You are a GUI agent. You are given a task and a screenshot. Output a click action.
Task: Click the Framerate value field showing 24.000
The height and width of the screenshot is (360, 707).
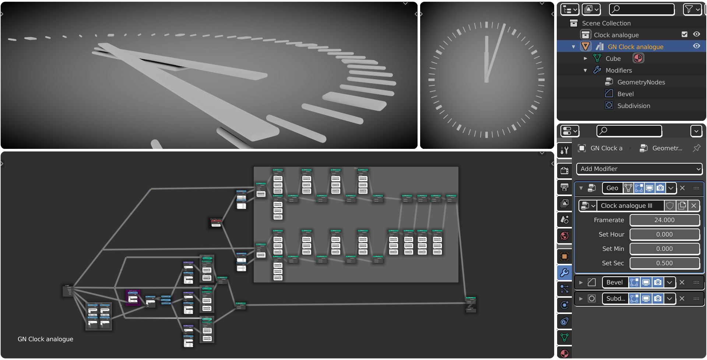[x=664, y=220]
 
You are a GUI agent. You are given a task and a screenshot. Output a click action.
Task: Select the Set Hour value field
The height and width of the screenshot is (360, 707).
[x=664, y=234]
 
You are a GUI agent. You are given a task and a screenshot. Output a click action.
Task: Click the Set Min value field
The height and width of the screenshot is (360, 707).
[x=664, y=249]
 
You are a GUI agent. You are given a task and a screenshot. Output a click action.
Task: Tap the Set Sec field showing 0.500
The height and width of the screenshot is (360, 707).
[x=664, y=263]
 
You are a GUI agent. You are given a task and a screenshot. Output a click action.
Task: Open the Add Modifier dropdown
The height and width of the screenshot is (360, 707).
[x=639, y=169]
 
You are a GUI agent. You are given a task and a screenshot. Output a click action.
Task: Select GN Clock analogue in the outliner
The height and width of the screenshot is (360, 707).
[x=635, y=47]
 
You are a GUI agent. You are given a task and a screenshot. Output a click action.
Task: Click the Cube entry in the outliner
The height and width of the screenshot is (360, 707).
[x=613, y=59]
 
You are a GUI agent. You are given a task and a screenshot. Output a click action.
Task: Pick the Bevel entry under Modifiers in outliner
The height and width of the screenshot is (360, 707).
[x=625, y=94]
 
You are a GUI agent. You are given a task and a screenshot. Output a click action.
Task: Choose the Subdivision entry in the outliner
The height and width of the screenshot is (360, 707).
[x=633, y=106]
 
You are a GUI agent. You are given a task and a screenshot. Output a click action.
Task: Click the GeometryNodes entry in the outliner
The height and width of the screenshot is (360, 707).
[x=641, y=82]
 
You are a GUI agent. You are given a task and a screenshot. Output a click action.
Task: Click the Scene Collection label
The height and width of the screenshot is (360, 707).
[x=606, y=23]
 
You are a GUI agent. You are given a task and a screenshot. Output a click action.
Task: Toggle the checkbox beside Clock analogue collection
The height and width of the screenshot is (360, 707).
[x=685, y=34]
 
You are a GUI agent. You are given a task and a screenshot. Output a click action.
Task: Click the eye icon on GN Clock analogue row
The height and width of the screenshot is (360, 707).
[x=696, y=46]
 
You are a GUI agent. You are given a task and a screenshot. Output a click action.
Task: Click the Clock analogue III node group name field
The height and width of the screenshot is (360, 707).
[x=630, y=206]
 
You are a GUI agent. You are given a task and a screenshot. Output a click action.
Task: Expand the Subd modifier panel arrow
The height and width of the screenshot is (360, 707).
[x=581, y=298]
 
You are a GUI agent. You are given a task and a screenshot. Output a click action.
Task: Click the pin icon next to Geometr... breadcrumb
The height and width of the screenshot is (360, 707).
[x=696, y=148]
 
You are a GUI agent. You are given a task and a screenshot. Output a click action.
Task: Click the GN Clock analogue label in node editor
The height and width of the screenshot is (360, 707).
[x=45, y=339]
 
